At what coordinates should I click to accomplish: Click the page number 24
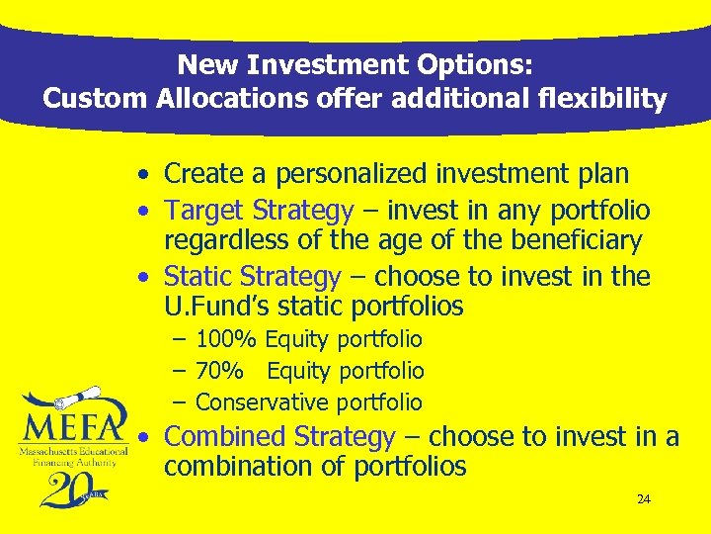pyautogui.click(x=643, y=499)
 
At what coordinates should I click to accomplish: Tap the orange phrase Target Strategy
pyautogui.click(x=259, y=211)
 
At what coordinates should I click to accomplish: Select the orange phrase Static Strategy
pyautogui.click(x=253, y=276)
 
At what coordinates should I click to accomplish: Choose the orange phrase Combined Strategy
pyautogui.click(x=280, y=436)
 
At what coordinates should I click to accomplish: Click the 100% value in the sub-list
pyautogui.click(x=226, y=340)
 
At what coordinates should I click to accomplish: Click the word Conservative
pyautogui.click(x=262, y=402)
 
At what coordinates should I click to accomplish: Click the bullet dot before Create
pyautogui.click(x=144, y=176)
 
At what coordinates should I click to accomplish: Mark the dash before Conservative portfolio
pyautogui.click(x=180, y=402)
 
